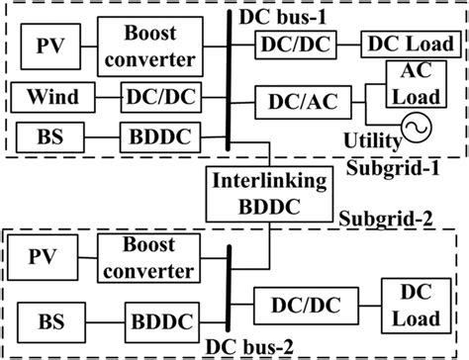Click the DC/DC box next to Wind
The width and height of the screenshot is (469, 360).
coord(152,97)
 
